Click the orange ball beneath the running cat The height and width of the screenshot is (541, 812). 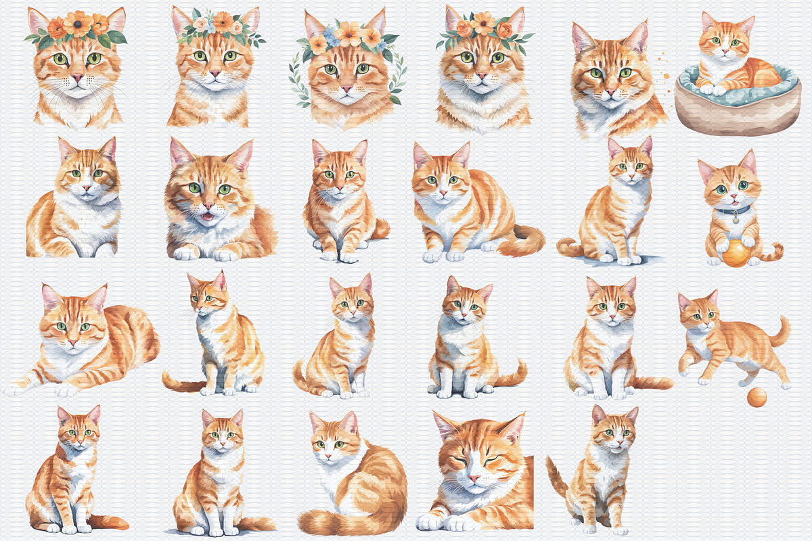point(757,398)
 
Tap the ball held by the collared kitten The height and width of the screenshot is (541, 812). point(736,253)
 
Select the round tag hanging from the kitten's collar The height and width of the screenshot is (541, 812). point(736,218)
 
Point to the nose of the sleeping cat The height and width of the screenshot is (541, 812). point(474,478)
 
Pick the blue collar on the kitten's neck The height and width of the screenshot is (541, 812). point(731,210)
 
